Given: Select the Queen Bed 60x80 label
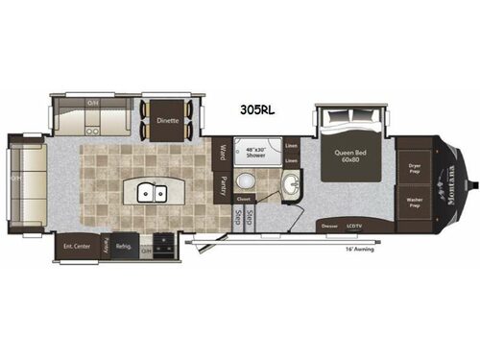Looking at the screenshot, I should click(x=351, y=156).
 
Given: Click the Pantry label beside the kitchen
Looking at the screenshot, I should click(x=223, y=181).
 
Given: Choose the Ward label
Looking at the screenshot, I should click(x=223, y=152).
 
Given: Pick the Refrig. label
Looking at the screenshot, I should click(x=125, y=244).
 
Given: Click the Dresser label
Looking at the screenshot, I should click(x=331, y=227).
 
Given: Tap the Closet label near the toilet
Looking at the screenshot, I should click(x=245, y=200).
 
